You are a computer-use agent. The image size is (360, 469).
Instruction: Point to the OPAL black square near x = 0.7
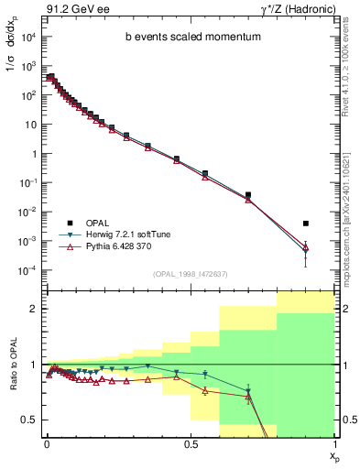click(x=248, y=195)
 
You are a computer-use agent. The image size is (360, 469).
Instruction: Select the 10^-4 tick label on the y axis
click(x=27, y=270)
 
